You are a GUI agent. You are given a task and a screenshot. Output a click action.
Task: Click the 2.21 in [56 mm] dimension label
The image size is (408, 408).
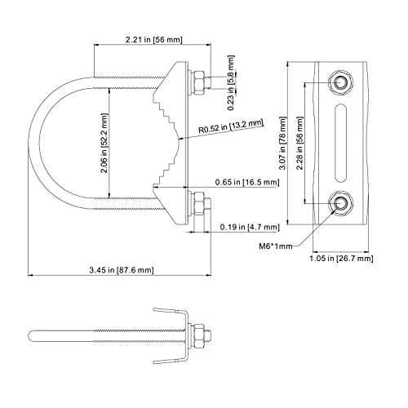pyautogui.click(x=153, y=40)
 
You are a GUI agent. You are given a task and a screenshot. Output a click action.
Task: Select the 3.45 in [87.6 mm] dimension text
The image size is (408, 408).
pyautogui.click(x=122, y=270)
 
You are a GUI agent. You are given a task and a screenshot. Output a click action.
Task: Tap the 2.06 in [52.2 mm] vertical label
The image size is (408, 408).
pyautogui.click(x=104, y=144)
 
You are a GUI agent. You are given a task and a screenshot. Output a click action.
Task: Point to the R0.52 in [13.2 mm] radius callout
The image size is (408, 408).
pyautogui.click(x=231, y=126)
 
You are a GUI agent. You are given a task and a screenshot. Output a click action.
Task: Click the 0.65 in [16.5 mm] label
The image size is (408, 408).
pyautogui.click(x=247, y=182)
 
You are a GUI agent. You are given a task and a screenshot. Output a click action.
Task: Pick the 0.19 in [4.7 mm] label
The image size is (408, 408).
pyautogui.click(x=250, y=227)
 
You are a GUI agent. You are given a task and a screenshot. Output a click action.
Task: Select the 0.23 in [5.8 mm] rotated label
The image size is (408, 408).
pyautogui.click(x=231, y=83)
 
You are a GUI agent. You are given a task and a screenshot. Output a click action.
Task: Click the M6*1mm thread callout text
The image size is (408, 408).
pyautogui.click(x=276, y=246)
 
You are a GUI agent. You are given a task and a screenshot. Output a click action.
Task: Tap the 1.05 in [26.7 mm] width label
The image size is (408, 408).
pyautogui.click(x=341, y=258)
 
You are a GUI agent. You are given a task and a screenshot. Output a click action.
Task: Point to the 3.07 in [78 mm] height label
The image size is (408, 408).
pyautogui.click(x=283, y=144)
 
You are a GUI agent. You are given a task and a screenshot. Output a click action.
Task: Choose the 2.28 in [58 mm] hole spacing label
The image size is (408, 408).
pyautogui.click(x=299, y=144)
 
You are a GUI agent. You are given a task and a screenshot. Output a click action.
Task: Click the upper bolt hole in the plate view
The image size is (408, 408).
pyautogui.click(x=340, y=82)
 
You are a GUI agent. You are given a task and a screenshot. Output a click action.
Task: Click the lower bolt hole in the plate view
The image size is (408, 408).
pyautogui.click(x=340, y=203)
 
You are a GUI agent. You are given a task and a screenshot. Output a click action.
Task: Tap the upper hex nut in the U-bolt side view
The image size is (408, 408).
pyautogui.click(x=198, y=83)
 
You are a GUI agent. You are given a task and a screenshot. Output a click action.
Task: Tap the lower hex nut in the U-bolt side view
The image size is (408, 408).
pyautogui.click(x=198, y=204)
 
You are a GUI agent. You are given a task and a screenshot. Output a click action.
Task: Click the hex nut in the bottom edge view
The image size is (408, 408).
pyautogui.click(x=198, y=336)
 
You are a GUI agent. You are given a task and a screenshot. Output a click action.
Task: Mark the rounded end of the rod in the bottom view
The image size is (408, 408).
pyautogui.click(x=31, y=336)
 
